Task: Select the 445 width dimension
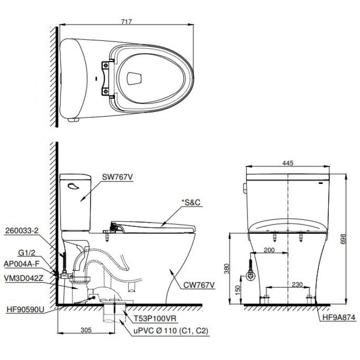288,163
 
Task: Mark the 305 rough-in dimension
86,330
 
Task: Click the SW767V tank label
117,178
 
